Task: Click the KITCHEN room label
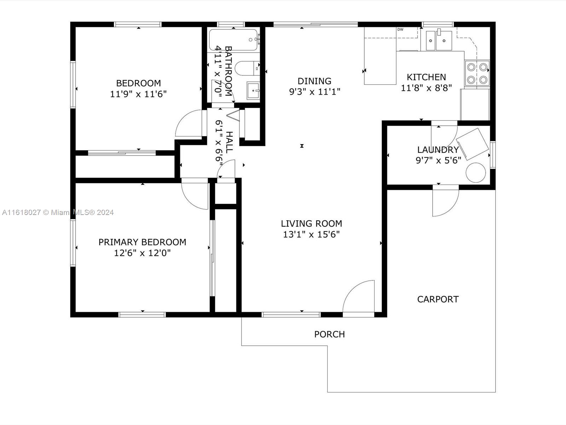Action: coord(426,77)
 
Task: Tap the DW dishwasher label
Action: coord(400,29)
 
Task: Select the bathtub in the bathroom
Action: coord(233,40)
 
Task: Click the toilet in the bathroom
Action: coord(247,68)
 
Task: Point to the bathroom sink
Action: coord(253,91)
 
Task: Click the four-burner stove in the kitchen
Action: coord(477,74)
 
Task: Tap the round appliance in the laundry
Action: coord(476,172)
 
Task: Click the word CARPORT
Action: coord(438,299)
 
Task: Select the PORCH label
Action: coord(329,334)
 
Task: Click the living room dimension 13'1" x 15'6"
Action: coord(311,234)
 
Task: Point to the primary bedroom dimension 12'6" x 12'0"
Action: coord(142,253)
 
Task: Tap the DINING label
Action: coord(314,81)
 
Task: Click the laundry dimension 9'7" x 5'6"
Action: coord(438,160)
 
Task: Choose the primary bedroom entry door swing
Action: coord(195,193)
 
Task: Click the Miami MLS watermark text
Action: coord(58,212)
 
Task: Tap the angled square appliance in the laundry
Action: coord(472,144)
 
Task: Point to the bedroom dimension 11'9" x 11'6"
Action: coord(138,94)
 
